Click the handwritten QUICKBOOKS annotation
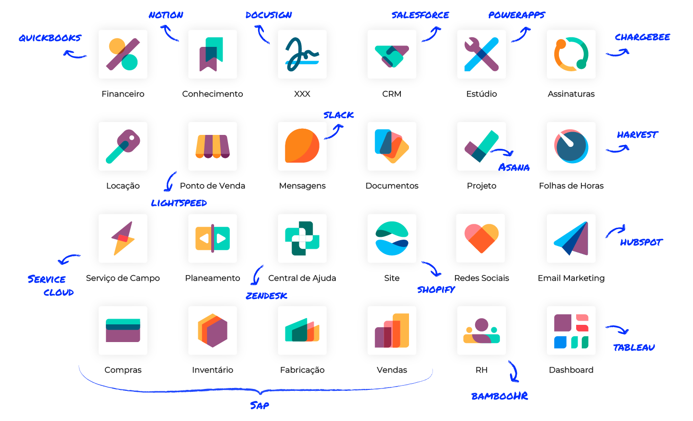tap(50, 38)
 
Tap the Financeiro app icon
tap(123, 54)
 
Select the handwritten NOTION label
tap(166, 15)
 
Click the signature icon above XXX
tap(302, 54)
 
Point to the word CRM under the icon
tap(392, 94)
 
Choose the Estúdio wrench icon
tap(481, 54)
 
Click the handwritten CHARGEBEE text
tap(642, 37)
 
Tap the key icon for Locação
tap(123, 146)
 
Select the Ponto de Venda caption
tap(213, 186)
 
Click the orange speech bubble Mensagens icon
tap(302, 146)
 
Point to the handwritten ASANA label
tap(514, 167)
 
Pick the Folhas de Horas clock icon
tap(571, 146)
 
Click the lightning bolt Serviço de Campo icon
tap(123, 238)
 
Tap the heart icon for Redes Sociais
tap(481, 238)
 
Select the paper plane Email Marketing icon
tap(571, 238)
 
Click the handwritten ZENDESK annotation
tap(266, 296)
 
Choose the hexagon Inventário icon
tap(213, 330)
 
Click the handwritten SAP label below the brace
tap(260, 406)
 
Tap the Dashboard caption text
tap(571, 370)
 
